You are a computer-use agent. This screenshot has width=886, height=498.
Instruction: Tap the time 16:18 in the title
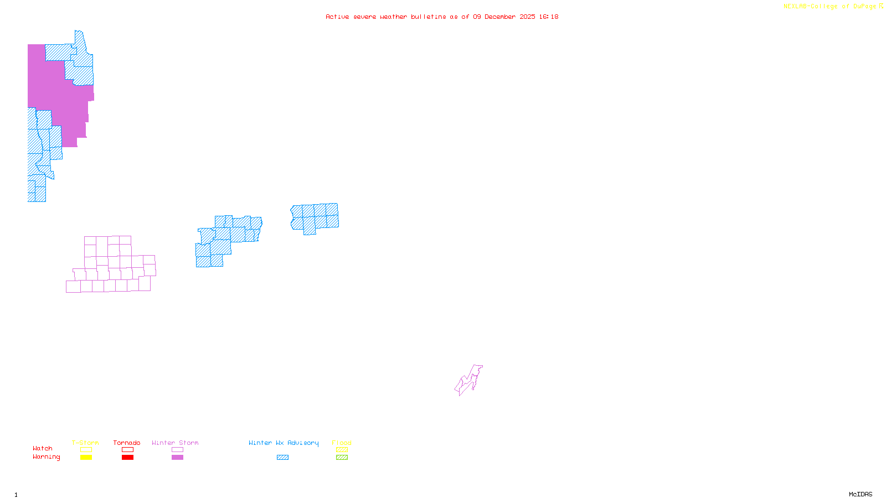[548, 17]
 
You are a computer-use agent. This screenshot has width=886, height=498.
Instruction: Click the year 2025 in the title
[527, 17]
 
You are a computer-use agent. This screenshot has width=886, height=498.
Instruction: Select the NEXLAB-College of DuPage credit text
[830, 7]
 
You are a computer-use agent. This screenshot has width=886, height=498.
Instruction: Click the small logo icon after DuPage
[881, 7]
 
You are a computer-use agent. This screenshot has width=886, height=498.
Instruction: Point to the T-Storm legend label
[85, 443]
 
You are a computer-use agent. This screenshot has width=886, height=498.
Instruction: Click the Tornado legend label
[127, 443]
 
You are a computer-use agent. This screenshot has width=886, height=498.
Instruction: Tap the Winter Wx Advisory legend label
[284, 443]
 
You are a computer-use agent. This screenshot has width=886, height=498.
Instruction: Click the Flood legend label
[342, 443]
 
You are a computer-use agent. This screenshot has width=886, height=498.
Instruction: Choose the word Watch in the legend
[43, 449]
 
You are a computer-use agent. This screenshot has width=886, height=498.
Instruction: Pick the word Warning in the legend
[46, 457]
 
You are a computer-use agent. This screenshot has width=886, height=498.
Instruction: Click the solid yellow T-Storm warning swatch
[86, 458]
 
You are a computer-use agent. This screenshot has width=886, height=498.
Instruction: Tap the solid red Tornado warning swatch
[127, 458]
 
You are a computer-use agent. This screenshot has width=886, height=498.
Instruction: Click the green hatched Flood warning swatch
[342, 458]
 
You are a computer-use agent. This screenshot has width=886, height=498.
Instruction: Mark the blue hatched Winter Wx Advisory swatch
[282, 458]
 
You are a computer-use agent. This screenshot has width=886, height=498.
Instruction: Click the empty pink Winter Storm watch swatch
[177, 450]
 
